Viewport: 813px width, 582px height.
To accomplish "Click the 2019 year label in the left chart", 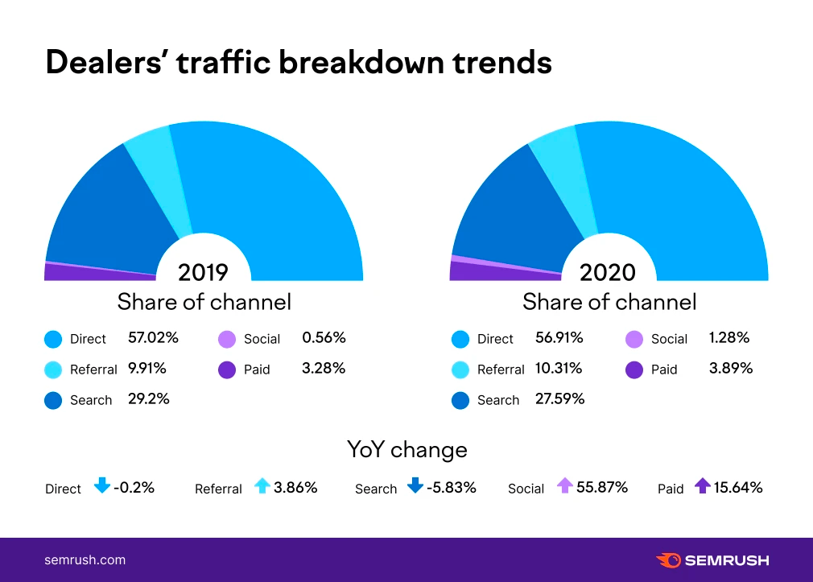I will click(x=203, y=271).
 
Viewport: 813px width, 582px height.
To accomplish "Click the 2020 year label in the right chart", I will click(x=608, y=272).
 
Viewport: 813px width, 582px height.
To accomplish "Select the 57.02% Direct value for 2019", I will click(x=153, y=337).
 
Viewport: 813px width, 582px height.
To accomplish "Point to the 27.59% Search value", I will click(x=560, y=398).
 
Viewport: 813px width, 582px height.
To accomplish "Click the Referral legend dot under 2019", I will click(x=53, y=369).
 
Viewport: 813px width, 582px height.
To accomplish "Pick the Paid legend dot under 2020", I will click(x=635, y=369).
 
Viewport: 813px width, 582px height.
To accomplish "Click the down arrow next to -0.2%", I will click(x=101, y=486).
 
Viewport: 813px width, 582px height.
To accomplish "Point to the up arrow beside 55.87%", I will click(x=564, y=486).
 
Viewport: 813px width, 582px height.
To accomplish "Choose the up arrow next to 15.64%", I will click(x=703, y=486).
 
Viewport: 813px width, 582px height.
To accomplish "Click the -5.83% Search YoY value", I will click(x=452, y=487).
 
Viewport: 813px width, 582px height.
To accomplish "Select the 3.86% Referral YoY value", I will click(x=295, y=487).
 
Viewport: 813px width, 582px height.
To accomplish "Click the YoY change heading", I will click(x=406, y=449).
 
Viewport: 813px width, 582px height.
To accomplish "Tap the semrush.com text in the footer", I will click(x=85, y=559).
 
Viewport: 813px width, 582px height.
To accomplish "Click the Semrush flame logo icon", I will click(x=668, y=559).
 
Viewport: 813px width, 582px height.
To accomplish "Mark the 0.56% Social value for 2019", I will click(x=324, y=337).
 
